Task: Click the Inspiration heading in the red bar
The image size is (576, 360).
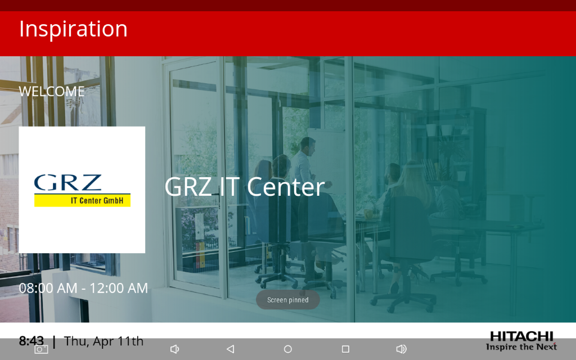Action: pos(73,29)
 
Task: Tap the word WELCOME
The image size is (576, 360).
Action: pos(52,91)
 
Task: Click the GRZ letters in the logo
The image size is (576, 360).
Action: pos(67,183)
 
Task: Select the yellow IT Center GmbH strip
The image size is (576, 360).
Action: pos(82,200)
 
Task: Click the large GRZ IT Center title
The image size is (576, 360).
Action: pos(245,186)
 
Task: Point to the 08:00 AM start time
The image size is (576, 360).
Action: pos(48,288)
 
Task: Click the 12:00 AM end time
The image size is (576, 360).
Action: pos(119,288)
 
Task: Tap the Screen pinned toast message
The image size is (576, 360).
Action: pos(288,300)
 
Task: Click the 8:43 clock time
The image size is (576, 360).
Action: pos(31,341)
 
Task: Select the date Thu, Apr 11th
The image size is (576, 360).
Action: pos(103,341)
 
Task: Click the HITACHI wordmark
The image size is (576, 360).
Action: pos(521,336)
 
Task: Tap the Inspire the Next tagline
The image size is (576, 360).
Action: pos(521,346)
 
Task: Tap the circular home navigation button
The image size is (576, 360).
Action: pos(288,349)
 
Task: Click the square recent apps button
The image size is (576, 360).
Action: pos(345,349)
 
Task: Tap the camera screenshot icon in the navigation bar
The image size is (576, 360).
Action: pos(41,349)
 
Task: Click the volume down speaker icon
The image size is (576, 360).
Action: pos(174,349)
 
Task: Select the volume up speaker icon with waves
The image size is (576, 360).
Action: pos(401,349)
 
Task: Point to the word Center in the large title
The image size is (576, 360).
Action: pos(286,186)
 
